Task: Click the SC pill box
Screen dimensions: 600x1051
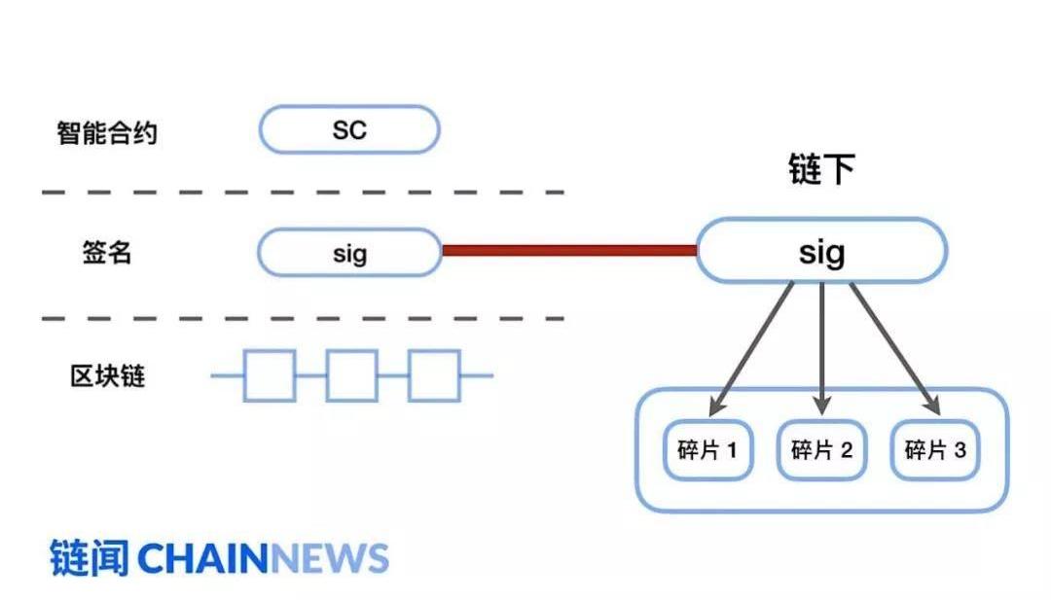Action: [x=349, y=129]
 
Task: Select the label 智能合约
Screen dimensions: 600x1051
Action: [x=106, y=131]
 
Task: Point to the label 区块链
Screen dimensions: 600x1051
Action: [x=107, y=375]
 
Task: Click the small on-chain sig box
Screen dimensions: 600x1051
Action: [x=349, y=253]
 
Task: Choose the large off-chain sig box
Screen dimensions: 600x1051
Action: [x=821, y=251]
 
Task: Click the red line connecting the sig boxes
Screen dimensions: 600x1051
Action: [x=569, y=251]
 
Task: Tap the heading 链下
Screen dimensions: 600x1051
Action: [x=821, y=170]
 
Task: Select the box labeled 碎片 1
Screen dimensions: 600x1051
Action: [x=707, y=450]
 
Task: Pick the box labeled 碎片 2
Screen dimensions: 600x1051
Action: [x=822, y=450]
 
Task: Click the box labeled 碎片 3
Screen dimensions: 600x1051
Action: [x=936, y=450]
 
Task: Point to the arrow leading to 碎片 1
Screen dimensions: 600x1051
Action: [x=753, y=346]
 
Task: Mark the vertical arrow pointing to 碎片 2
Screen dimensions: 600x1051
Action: [x=822, y=346]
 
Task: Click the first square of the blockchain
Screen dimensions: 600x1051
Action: [x=270, y=375]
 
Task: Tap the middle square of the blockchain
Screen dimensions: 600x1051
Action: [x=351, y=375]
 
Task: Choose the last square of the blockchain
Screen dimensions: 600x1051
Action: [x=433, y=375]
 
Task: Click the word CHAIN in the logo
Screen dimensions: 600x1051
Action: [x=202, y=558]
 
